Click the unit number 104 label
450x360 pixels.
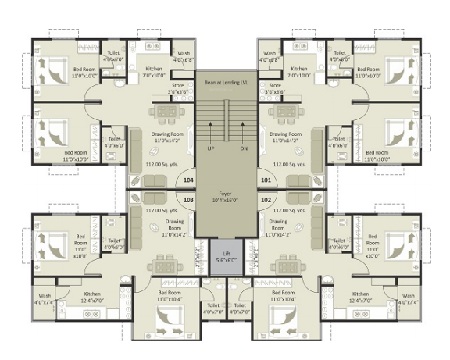[187, 180]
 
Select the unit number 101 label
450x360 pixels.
[266, 180]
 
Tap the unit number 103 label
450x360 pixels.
[187, 200]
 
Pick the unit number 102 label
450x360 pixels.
[266, 200]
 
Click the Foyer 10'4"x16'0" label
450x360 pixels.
[227, 196]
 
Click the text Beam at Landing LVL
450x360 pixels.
[226, 82]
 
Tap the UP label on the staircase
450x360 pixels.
[211, 148]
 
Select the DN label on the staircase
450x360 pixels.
[243, 148]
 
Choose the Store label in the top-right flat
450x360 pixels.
[274, 89]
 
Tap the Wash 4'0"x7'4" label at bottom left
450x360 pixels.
[44, 299]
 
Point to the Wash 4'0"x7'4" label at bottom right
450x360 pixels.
[409, 299]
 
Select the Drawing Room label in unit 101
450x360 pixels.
[286, 137]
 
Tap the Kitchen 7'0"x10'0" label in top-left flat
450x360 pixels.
[154, 73]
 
